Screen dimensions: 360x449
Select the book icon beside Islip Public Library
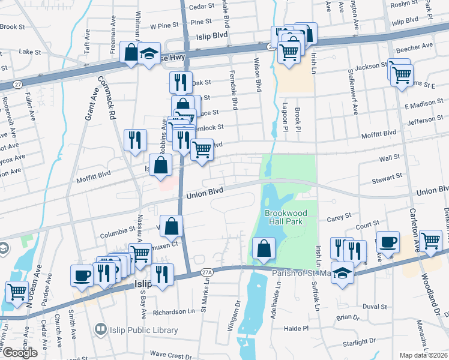tap(100, 329)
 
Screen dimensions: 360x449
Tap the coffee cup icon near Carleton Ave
tap(388, 241)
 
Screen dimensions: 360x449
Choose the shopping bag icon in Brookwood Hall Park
tap(264, 248)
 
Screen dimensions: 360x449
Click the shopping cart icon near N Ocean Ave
tap(17, 292)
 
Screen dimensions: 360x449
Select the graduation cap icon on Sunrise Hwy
tap(148, 54)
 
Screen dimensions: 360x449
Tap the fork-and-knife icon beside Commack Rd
tap(135, 140)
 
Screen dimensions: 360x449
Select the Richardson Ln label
tap(174, 312)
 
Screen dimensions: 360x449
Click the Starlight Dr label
tap(358, 341)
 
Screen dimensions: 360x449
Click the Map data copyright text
tap(426, 355)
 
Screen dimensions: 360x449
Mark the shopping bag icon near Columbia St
tap(172, 226)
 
